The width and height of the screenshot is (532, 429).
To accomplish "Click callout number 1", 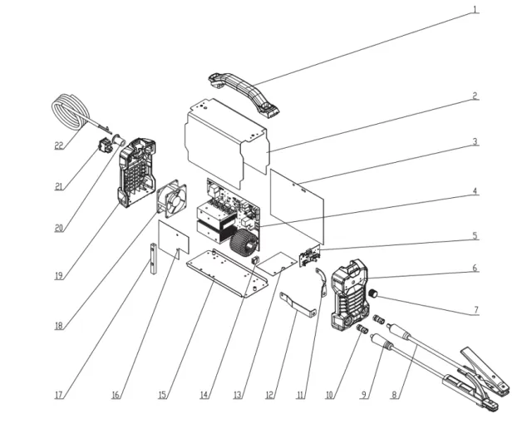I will pyautogui.click(x=475, y=10).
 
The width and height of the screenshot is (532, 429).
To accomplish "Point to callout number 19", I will pyautogui.click(x=59, y=275).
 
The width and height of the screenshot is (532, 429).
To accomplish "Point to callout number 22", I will pyautogui.click(x=59, y=145).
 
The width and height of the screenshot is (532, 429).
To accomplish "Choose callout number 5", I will pyautogui.click(x=475, y=236).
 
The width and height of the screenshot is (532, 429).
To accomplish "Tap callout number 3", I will pyautogui.click(x=475, y=141).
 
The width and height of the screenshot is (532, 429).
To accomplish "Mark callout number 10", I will pyautogui.click(x=329, y=395).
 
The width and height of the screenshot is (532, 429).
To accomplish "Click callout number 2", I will pyautogui.click(x=475, y=95).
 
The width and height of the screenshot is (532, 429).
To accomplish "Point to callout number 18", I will pyautogui.click(x=59, y=325).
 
